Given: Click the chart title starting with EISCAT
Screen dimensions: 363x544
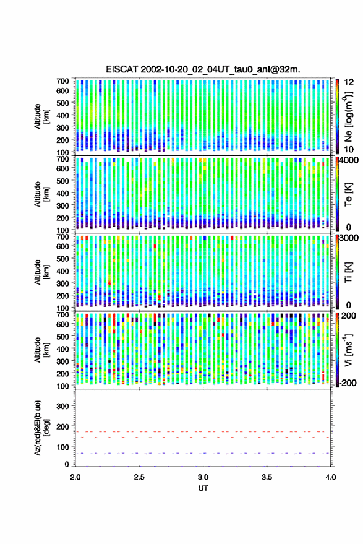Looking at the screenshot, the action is [x=203, y=69].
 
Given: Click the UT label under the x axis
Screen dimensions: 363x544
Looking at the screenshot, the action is [x=203, y=488].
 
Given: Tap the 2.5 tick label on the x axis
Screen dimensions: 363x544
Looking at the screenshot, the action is [x=139, y=477].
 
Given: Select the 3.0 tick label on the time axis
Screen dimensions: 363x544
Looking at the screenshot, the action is [x=203, y=477].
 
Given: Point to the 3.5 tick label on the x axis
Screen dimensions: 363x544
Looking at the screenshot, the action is [x=267, y=477].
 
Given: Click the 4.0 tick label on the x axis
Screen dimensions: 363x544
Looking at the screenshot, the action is [x=330, y=477].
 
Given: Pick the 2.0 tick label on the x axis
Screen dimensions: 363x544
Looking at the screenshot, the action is [x=75, y=477].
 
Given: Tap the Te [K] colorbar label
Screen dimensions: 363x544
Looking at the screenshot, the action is [x=348, y=194].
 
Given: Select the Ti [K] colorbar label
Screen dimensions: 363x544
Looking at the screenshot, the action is [x=348, y=272].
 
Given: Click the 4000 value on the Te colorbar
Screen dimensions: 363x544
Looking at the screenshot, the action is [x=349, y=160].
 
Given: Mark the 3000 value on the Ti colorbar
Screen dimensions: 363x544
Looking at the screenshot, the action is [x=349, y=238].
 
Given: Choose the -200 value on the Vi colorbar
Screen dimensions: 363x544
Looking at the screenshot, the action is [x=348, y=383].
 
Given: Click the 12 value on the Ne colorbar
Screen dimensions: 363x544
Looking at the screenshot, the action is [x=349, y=82].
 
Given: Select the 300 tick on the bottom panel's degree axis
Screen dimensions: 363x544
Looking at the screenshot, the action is [x=62, y=406].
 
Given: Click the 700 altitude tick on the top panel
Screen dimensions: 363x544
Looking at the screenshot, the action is [x=62, y=81].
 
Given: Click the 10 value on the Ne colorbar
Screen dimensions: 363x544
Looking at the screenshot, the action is [x=349, y=150].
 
